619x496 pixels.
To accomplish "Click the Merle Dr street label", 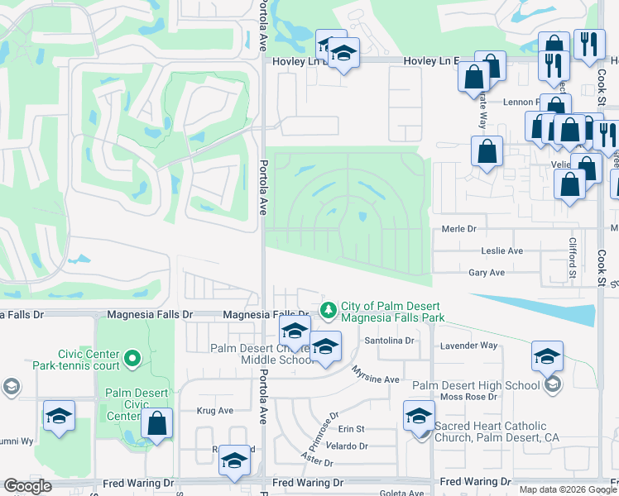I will [x=459, y=229].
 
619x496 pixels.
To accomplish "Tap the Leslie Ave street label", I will [x=502, y=250].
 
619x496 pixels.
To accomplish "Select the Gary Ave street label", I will [x=487, y=272].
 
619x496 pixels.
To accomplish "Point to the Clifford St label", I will [x=572, y=257].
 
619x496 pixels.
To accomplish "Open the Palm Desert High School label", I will [x=475, y=385].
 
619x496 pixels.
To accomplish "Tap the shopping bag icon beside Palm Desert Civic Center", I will [x=156, y=424].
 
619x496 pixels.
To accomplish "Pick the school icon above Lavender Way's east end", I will [x=547, y=356].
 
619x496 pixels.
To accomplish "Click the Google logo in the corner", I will [x=27, y=486].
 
